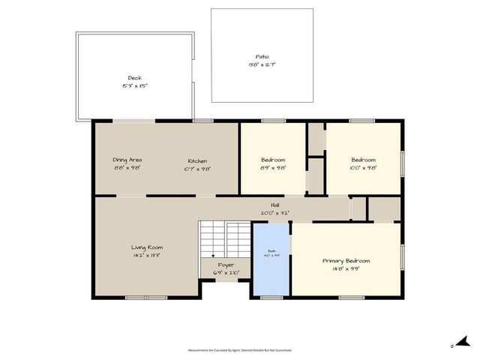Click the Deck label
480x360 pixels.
pos(134,78)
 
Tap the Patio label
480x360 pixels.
pos(262,57)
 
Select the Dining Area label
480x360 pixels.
pos(127,160)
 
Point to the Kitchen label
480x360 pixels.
pos(198,161)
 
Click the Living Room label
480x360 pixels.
pos(147,247)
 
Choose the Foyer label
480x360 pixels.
pos(226,265)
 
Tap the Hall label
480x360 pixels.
pos(275,205)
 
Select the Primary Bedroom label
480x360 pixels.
pos(346,261)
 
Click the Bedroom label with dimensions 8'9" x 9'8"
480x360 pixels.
pos(273,160)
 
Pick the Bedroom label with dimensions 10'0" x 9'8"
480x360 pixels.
pos(364,160)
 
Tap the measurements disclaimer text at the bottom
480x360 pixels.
pos(239,349)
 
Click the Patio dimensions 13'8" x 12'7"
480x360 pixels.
pos(262,66)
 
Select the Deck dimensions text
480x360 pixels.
pos(134,86)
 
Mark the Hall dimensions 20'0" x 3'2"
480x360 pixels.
pos(275,213)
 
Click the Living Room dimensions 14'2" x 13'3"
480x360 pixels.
pos(147,256)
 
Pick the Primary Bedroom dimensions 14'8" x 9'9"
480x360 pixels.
pos(346,269)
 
